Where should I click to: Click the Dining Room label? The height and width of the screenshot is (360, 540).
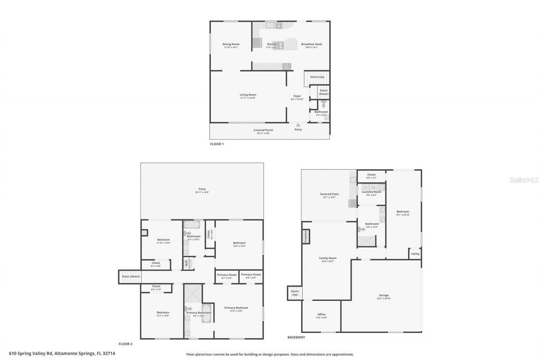click(231, 44)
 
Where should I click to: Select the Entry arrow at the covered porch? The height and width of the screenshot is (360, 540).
click(298, 125)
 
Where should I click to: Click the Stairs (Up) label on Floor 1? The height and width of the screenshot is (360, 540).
click(317, 77)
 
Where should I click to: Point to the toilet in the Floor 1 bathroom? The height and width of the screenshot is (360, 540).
click(323, 104)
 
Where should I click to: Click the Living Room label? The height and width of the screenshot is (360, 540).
click(248, 95)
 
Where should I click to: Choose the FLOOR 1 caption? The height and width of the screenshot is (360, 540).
click(217, 144)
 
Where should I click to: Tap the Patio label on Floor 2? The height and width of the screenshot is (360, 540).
click(202, 189)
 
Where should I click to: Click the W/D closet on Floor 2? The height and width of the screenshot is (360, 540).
click(186, 263)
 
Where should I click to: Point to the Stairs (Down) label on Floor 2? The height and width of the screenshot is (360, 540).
click(131, 276)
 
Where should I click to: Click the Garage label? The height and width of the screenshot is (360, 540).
click(383, 295)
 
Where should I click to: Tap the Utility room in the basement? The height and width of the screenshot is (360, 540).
click(415, 254)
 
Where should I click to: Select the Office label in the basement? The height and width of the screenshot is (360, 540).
click(321, 314)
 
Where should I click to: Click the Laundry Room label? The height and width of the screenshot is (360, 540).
click(371, 192)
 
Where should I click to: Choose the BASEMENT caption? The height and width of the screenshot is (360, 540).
click(296, 337)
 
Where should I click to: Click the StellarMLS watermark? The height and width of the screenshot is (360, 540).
click(524, 180)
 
